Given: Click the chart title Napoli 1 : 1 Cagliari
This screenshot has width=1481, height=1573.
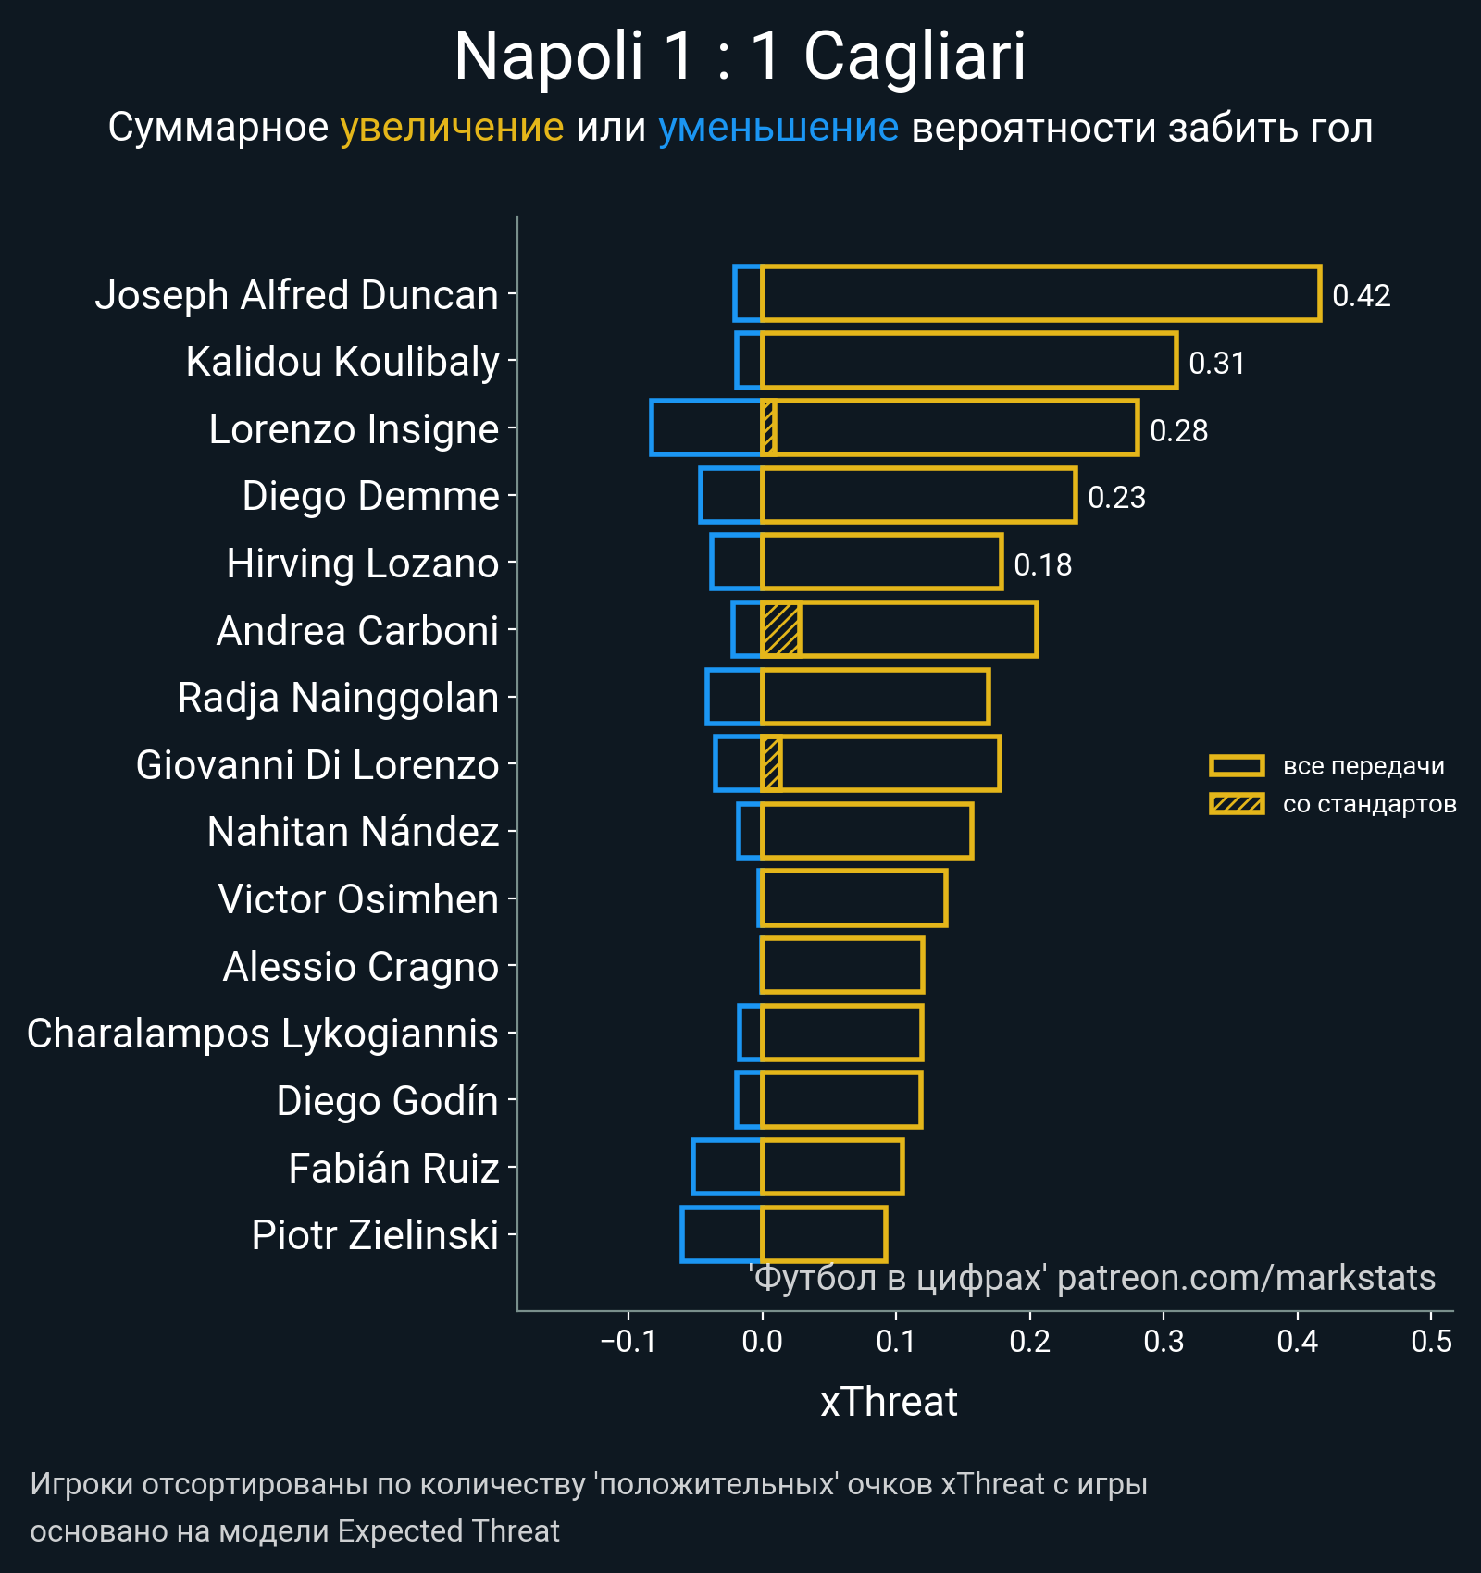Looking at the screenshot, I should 740,57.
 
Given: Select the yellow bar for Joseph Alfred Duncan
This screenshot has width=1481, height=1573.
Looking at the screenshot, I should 1040,293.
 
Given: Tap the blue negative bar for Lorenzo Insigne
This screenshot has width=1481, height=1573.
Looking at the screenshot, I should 705,427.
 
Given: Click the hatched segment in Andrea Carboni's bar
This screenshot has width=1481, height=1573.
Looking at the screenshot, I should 781,629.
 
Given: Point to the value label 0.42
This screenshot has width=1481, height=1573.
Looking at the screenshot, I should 1361,296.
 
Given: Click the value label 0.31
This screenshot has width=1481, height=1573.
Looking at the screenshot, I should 1216,363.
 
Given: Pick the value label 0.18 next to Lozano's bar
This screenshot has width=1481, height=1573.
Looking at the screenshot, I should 1042,564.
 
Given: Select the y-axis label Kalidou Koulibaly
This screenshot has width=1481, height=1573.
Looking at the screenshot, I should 342,361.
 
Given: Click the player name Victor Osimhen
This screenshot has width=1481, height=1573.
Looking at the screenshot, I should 358,898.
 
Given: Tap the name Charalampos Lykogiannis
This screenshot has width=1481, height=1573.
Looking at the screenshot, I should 263,1033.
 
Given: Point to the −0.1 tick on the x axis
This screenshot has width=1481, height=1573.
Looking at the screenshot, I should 628,1341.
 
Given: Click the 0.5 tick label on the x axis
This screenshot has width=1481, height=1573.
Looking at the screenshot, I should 1431,1341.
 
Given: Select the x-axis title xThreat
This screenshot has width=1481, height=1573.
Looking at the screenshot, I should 889,1402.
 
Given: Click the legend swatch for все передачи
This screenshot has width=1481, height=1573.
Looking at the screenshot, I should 1236,766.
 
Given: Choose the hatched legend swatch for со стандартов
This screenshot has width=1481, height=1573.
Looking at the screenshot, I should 1236,804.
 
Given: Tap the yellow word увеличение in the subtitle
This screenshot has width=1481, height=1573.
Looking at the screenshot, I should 452,128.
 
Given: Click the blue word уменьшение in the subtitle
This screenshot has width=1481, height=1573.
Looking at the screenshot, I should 778,128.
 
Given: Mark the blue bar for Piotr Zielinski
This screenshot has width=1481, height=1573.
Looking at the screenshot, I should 722,1234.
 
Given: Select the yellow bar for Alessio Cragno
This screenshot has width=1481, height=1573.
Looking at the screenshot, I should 842,965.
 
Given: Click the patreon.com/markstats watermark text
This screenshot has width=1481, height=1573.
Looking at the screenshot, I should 1246,1278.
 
